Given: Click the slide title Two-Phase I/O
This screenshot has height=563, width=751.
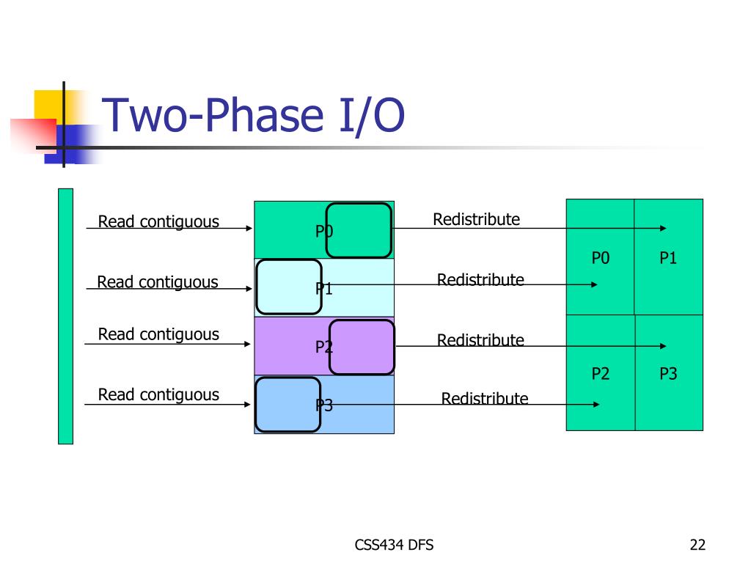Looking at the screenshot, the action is [x=253, y=115].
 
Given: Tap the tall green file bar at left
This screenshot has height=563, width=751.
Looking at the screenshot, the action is [x=65, y=316].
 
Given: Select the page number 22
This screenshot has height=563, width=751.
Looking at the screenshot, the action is [x=697, y=545].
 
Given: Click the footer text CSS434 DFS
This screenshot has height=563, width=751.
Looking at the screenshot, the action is [x=394, y=545].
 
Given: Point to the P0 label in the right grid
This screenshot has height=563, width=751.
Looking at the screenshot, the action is [x=600, y=258].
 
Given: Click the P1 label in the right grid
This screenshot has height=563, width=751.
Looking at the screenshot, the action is [x=668, y=258].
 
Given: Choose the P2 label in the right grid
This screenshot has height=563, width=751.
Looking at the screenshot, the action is [x=600, y=373].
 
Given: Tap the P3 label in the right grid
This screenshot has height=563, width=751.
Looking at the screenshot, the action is [x=668, y=373].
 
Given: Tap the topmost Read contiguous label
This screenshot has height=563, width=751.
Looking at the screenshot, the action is [x=158, y=221].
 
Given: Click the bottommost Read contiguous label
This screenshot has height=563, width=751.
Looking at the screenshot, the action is [x=158, y=394].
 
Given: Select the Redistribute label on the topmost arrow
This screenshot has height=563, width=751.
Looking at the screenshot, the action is [x=477, y=219].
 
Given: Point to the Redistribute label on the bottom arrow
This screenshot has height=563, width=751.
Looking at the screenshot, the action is [x=485, y=398].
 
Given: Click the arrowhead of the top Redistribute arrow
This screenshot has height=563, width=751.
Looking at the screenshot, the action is [x=663, y=229].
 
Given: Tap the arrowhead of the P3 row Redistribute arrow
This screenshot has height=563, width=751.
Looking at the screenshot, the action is [x=596, y=405].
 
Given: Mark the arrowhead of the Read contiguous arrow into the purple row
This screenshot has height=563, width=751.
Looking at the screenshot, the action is [x=247, y=344].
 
